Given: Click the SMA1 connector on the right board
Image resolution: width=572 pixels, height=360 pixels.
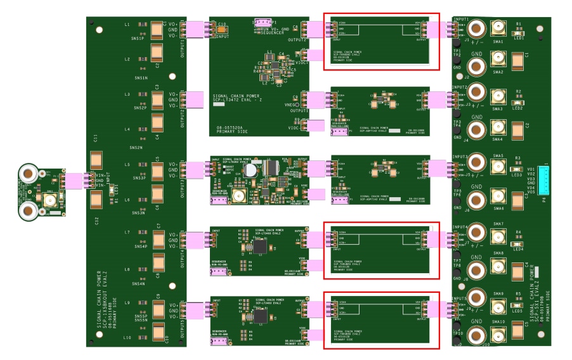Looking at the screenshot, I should (x=498, y=29).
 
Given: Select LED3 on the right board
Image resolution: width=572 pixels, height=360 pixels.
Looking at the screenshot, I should (x=517, y=168).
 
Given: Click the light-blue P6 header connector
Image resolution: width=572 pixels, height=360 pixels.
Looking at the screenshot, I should (x=543, y=182).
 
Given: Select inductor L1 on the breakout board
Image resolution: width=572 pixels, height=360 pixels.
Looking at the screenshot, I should (x=142, y=25).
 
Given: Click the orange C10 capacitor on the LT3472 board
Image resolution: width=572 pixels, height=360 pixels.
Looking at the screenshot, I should (x=221, y=29).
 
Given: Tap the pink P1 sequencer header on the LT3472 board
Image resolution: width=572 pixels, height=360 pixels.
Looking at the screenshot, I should (x=263, y=23).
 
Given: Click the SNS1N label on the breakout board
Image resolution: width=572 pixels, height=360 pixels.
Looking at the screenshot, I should (x=141, y=77).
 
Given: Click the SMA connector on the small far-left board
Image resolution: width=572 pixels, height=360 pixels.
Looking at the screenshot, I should (x=48, y=201).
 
